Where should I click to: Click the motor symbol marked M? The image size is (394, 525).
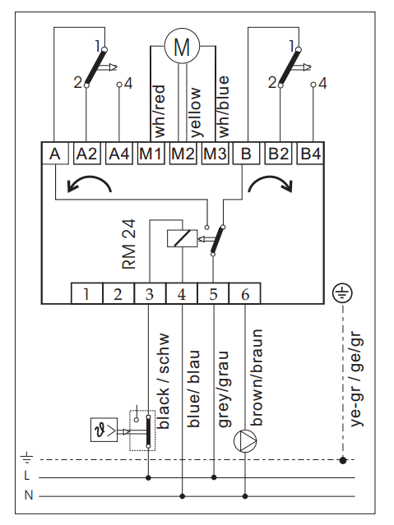pos(182,46)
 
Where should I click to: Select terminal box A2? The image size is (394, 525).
pos(87,154)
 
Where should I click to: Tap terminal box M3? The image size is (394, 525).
pos(215,154)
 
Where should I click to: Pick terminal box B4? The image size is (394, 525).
pos(310,154)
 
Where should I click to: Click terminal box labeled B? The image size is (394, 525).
pos(247,154)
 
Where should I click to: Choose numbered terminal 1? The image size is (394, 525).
pos(86,293)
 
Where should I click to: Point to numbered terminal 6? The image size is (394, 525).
pos(245,293)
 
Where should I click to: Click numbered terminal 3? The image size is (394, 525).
pos(150,293)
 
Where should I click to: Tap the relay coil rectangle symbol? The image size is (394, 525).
pos(182,238)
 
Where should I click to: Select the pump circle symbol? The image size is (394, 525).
pos(245,440)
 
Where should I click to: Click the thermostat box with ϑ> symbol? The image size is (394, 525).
pos(104,430)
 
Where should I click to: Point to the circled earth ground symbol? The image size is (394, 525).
pos(342,293)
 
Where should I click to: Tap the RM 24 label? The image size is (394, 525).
pos(129,244)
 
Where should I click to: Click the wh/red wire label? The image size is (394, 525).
pos(160,111)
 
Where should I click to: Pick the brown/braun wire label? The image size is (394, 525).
pos(257,377)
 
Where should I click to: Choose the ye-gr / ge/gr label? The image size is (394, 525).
pos(357,379)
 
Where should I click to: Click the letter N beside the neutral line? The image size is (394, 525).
pos(29,495)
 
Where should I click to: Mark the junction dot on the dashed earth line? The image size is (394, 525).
pos(343,460)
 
